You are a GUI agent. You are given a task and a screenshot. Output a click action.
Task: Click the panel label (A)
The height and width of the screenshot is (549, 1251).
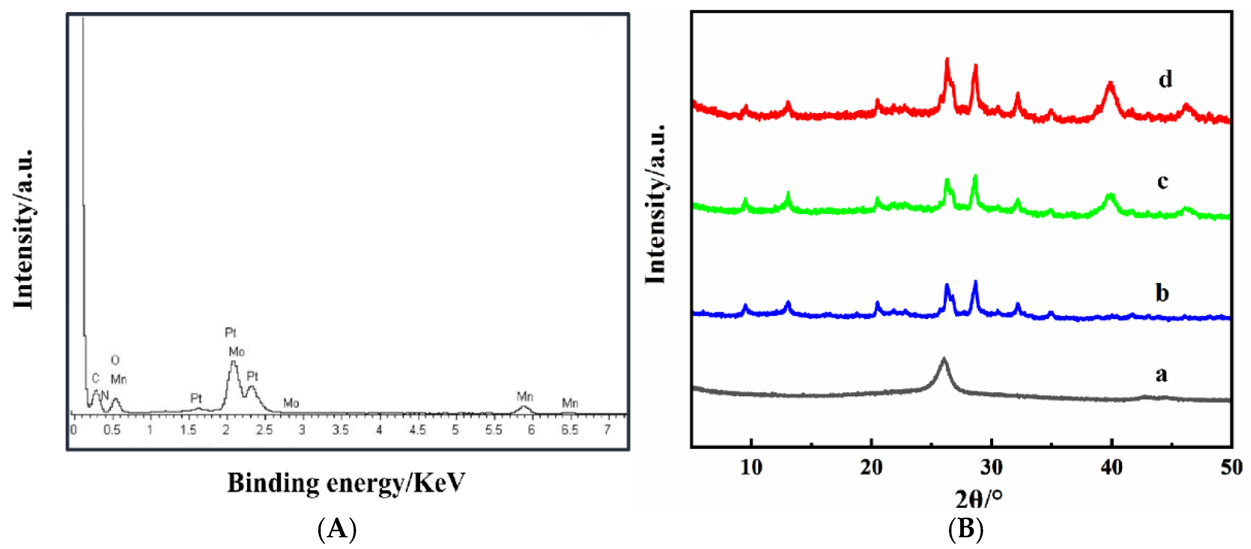(x=337, y=529)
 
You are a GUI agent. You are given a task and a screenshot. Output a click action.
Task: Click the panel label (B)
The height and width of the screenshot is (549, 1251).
(x=965, y=528)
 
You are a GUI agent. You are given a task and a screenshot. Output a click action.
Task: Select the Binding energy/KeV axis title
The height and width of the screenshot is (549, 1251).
(x=346, y=482)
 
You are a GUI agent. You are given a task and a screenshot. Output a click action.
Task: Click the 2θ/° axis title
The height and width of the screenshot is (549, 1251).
(x=978, y=498)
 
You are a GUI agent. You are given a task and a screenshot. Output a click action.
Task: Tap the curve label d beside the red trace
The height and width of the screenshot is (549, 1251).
(x=1164, y=79)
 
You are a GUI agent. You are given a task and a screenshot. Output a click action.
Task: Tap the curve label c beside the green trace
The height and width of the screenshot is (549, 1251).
(x=1162, y=181)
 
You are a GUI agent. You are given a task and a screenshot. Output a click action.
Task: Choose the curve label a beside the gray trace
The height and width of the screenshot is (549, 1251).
(x=1161, y=374)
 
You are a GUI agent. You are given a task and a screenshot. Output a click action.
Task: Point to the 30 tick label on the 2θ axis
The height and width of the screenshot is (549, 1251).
(x=991, y=467)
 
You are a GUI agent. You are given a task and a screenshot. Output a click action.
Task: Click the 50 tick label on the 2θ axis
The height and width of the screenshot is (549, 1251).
(x=1231, y=467)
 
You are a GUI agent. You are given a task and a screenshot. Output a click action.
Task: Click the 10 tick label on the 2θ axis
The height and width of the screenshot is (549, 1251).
(x=751, y=467)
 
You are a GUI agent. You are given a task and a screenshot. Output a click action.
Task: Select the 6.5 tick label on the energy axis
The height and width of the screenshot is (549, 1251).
(x=569, y=430)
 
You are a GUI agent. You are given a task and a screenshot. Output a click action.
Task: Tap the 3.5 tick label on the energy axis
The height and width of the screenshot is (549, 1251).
(x=340, y=430)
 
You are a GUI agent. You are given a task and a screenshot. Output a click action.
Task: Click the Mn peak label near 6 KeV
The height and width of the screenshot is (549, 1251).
(x=525, y=397)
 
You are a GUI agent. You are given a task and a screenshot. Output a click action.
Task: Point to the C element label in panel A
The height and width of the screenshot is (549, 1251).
(x=95, y=378)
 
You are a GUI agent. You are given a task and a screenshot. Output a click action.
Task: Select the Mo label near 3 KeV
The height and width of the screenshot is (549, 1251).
(x=291, y=403)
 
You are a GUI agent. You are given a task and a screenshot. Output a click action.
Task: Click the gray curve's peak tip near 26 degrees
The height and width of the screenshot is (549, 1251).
(x=944, y=359)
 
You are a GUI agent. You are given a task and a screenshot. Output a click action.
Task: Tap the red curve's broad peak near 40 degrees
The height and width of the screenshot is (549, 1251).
(x=1110, y=85)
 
